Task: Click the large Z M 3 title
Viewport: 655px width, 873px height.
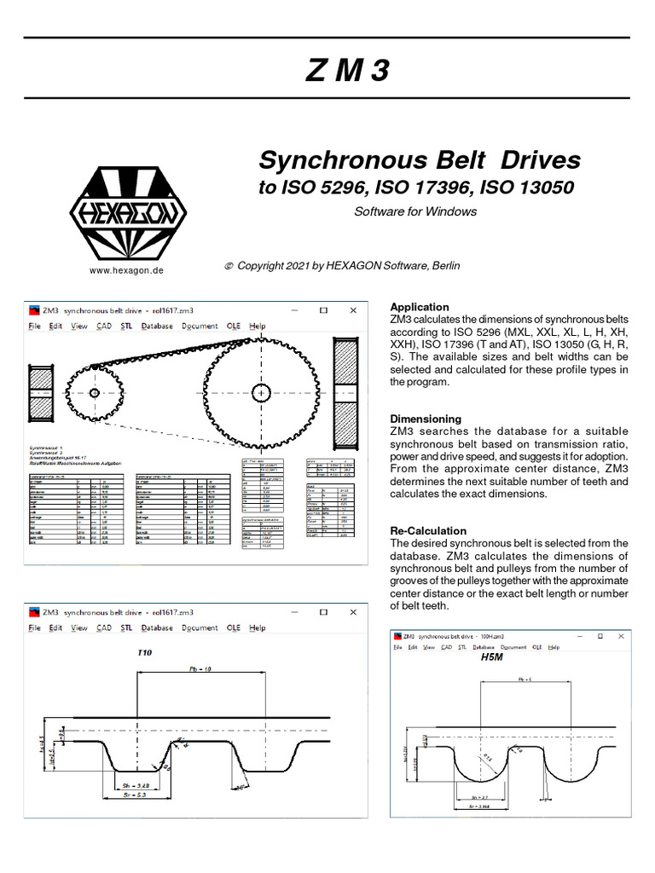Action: coord(347,71)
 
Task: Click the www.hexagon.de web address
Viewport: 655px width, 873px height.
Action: coord(126,270)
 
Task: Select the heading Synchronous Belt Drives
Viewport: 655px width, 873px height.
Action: coord(420,160)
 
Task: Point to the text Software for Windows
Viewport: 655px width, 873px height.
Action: coord(415,211)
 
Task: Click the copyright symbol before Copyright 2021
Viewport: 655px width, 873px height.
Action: coord(228,266)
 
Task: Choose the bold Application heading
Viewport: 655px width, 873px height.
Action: coord(419,307)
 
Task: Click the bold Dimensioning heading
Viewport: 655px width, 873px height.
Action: coord(426,419)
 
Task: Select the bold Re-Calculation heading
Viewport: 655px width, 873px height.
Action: coord(428,530)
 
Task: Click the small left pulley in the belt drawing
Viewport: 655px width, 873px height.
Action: coord(93,393)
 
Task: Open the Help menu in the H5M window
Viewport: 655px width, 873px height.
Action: coord(554,648)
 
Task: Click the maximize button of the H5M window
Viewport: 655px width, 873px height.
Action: coord(600,636)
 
